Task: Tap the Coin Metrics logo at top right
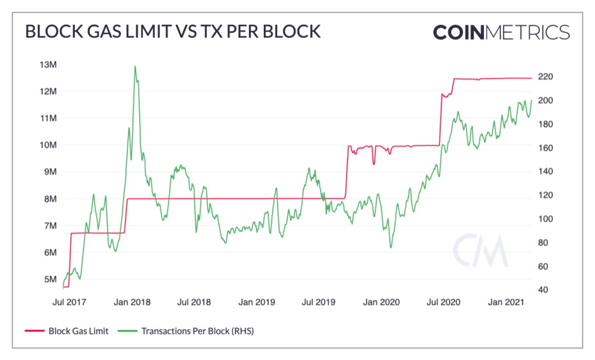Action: [501, 31]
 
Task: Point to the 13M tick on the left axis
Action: [48, 64]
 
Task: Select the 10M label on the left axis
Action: [48, 145]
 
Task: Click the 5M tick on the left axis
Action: [50, 279]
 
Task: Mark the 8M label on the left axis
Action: [50, 199]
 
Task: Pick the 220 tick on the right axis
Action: [544, 77]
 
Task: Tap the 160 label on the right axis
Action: [544, 148]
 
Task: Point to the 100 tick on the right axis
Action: [544, 219]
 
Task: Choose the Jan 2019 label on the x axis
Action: [258, 303]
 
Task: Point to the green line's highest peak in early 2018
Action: [135, 66]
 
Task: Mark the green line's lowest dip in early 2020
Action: [390, 248]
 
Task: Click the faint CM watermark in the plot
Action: [480, 251]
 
